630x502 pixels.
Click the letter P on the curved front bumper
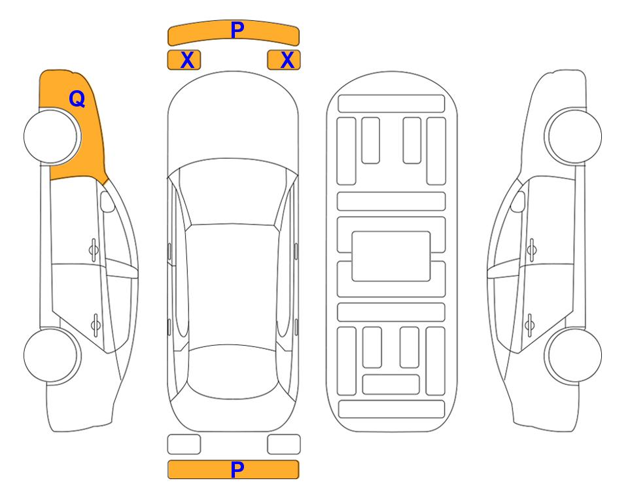tap(237, 30)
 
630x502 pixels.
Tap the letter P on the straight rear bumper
tap(237, 469)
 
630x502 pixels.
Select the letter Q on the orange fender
tap(77, 99)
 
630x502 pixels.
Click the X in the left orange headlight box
tap(187, 60)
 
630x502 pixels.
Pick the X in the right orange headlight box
tap(287, 60)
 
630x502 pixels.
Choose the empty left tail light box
tap(184, 444)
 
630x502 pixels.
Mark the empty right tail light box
tap(284, 444)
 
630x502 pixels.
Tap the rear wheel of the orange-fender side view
tap(52, 356)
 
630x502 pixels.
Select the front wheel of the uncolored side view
tap(573, 137)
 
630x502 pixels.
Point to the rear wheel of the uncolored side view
tap(573, 356)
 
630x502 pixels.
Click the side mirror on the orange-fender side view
tap(107, 201)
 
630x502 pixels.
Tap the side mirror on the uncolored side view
tap(518, 201)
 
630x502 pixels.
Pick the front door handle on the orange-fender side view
tap(94, 250)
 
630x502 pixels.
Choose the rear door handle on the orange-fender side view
tap(96, 324)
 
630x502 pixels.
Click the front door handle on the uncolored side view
tap(532, 250)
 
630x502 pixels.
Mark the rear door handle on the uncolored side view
tap(529, 324)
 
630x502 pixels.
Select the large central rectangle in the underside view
tap(391, 256)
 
